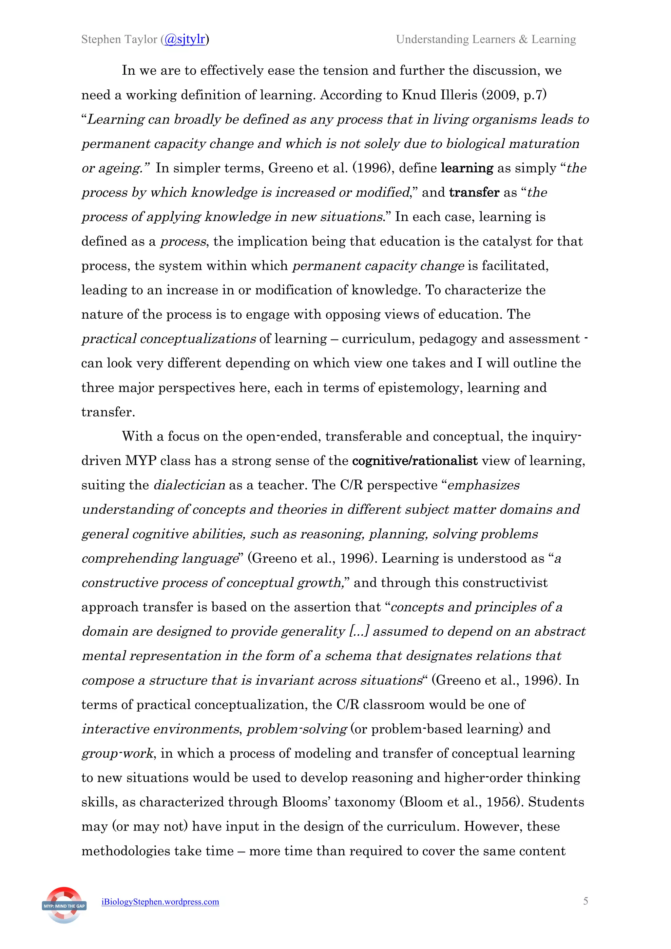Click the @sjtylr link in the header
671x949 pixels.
[x=185, y=39]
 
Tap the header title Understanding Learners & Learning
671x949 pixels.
[x=486, y=39]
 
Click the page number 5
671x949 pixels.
[x=585, y=901]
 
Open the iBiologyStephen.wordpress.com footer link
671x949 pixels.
[x=161, y=902]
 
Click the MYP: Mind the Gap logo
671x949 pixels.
[x=64, y=905]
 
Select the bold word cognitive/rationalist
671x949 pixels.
[x=415, y=460]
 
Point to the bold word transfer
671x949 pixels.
[x=474, y=192]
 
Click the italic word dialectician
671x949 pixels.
[x=189, y=485]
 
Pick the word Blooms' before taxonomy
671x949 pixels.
[x=306, y=802]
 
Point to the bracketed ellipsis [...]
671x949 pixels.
[x=359, y=631]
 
